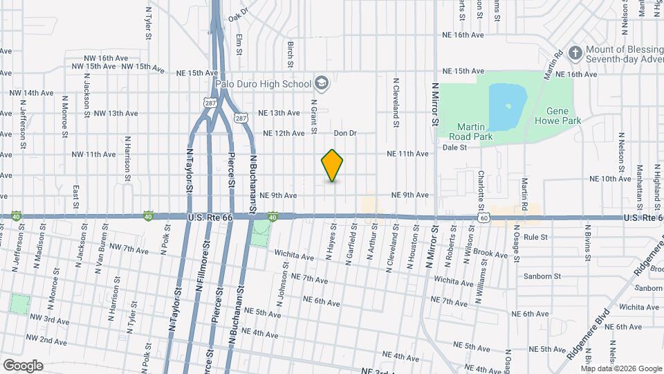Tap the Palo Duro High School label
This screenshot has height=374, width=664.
(263, 84)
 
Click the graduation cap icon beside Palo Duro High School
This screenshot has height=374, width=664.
(320, 84)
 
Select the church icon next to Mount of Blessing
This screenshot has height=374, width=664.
(574, 53)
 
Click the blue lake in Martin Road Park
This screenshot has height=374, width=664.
(508, 104)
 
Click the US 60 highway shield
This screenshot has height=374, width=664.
(482, 217)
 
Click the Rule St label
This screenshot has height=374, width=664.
(535, 237)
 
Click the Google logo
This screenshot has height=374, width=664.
(22, 365)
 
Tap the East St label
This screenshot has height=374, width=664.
(75, 196)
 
